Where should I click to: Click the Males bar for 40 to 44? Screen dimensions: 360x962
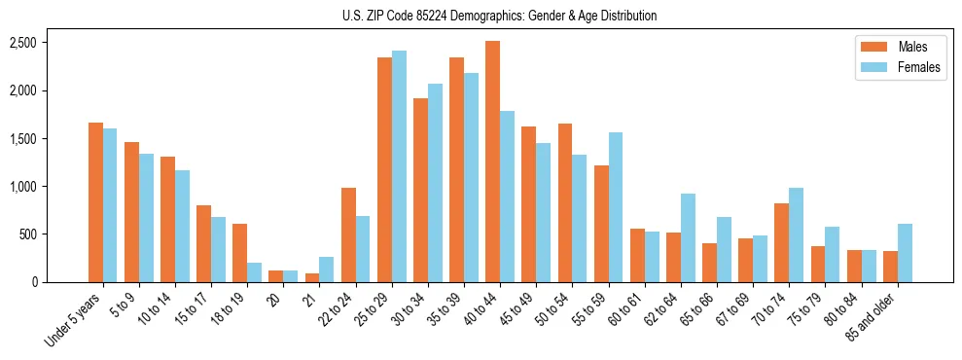coord(493,162)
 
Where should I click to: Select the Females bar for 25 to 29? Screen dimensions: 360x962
coord(399,166)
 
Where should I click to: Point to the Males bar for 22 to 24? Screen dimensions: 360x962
coord(348,234)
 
